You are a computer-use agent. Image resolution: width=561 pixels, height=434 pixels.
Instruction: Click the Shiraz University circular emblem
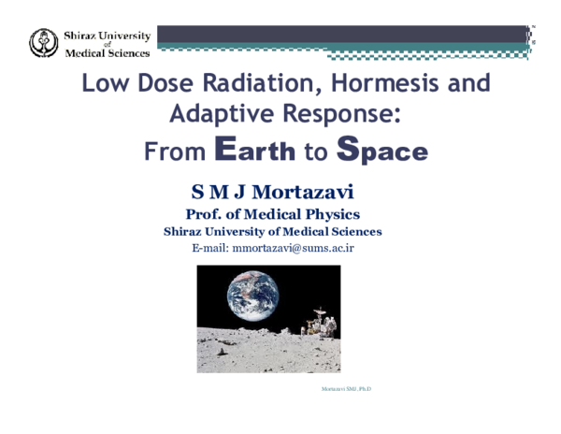(44, 42)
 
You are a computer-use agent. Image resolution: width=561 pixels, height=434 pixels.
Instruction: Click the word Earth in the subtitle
(255, 150)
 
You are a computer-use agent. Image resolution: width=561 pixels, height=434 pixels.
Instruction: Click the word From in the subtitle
(175, 151)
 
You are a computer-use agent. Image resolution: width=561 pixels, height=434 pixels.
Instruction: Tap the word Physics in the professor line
(324, 214)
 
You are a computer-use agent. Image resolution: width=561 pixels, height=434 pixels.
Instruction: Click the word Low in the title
(104, 83)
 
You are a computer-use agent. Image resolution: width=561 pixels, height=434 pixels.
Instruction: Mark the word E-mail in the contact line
(209, 248)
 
